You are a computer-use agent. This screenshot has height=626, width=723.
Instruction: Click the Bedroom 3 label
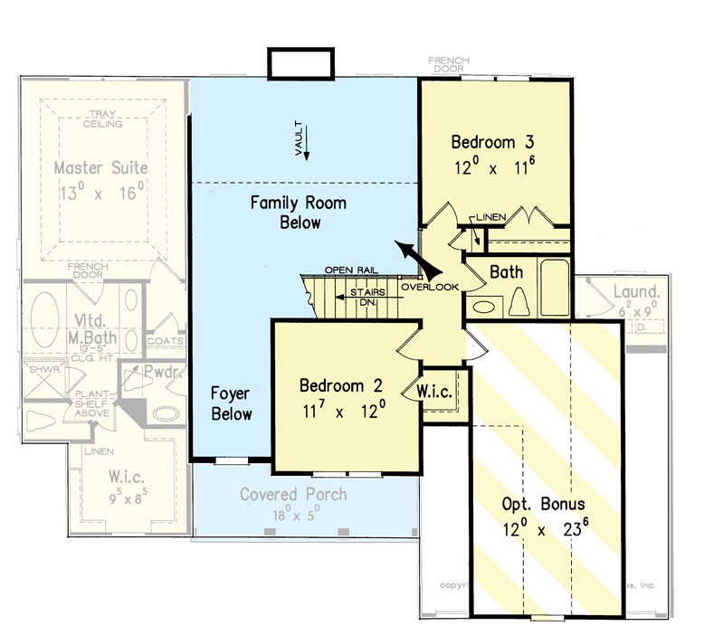click(x=494, y=142)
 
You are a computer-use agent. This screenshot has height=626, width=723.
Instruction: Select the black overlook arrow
click(x=414, y=258)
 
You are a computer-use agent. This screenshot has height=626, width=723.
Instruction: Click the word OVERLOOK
click(x=430, y=287)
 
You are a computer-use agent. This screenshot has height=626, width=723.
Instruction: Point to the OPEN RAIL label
click(x=351, y=270)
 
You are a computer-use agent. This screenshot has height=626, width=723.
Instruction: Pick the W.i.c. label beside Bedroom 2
click(x=433, y=392)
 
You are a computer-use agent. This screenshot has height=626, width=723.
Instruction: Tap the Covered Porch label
click(x=292, y=495)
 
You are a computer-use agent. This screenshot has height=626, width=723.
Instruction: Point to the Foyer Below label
click(x=231, y=403)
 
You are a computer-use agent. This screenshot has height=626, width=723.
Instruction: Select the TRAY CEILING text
click(x=103, y=119)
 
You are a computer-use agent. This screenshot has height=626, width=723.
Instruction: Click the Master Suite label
click(x=100, y=168)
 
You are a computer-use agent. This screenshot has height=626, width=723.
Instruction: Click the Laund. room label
click(x=636, y=292)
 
